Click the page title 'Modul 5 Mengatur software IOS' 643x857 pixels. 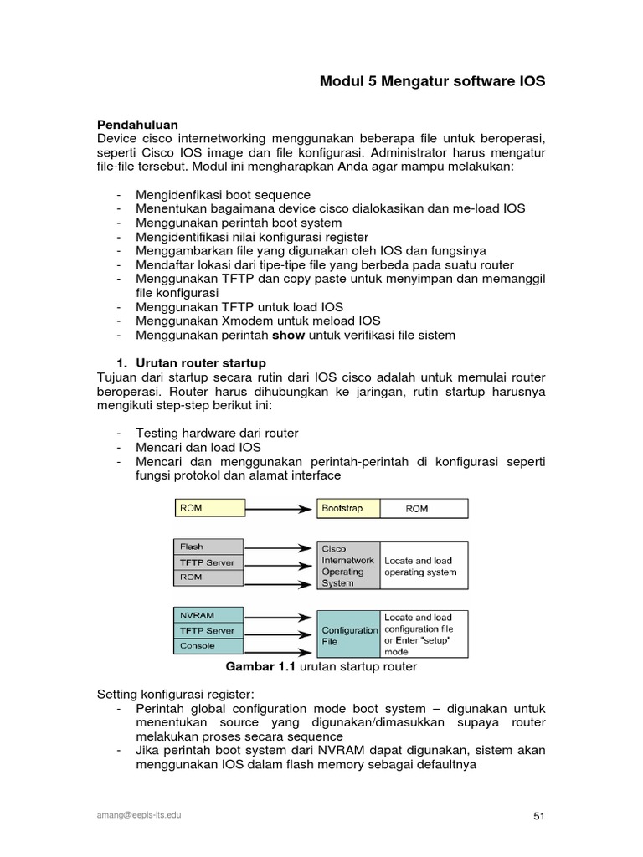tap(432, 82)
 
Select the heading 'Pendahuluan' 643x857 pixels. tap(137, 124)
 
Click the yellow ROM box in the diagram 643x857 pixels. tap(209, 508)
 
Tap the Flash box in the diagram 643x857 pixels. tap(209, 547)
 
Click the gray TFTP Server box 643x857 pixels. tap(209, 562)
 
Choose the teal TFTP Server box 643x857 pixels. tap(209, 630)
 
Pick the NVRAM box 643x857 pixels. tap(209, 615)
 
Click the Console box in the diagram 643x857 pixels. tap(209, 646)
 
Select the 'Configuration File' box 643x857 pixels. tap(349, 635)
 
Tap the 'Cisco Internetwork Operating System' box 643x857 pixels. tap(349, 566)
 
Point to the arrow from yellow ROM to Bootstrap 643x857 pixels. tap(280, 508)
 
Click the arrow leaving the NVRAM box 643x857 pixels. tap(280, 615)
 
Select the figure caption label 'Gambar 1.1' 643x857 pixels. tap(261, 667)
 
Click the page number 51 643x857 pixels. tap(539, 816)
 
